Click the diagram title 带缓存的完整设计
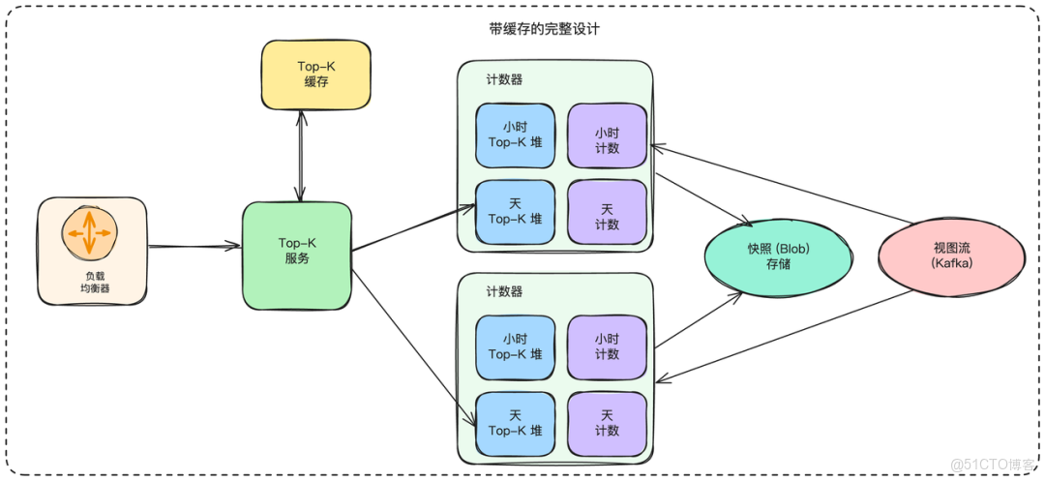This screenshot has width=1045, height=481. (544, 29)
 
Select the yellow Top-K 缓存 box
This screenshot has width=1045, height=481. (303, 75)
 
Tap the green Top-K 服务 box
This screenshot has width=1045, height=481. (297, 255)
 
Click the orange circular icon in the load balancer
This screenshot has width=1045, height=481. (90, 233)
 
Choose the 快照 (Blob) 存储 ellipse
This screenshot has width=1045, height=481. (778, 256)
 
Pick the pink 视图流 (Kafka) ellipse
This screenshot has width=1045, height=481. (950, 256)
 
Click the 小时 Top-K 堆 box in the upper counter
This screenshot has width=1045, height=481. (515, 135)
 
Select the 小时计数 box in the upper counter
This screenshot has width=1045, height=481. (607, 135)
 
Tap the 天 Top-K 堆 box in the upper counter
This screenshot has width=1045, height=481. (515, 211)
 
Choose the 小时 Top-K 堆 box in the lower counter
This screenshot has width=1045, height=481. (515, 346)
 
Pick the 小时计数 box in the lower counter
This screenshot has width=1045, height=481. (607, 346)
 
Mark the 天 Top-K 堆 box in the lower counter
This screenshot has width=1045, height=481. (515, 423)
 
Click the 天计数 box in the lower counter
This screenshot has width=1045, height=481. (607, 423)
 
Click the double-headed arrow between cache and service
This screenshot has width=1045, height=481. (303, 155)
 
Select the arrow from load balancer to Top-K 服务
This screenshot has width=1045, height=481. (194, 248)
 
